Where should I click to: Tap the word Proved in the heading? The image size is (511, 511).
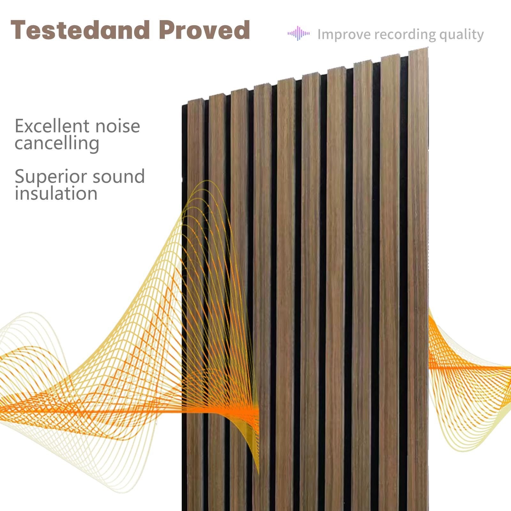[x=204, y=30]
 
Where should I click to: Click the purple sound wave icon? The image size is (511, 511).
[x=298, y=33]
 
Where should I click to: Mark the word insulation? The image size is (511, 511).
[x=56, y=194]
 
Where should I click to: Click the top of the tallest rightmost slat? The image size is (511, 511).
[x=418, y=49]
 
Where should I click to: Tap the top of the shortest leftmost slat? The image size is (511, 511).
[x=195, y=101]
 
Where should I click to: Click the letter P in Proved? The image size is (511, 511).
[x=167, y=30]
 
